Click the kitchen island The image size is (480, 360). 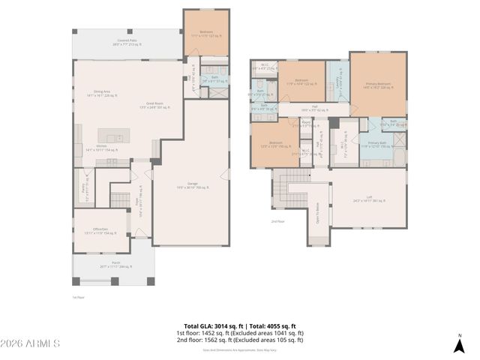pyautogui.click(x=114, y=139)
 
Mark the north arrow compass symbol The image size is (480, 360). pyautogui.click(x=459, y=343)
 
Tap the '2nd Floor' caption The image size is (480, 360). pyautogui.click(x=278, y=222)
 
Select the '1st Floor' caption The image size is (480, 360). pyautogui.click(x=77, y=298)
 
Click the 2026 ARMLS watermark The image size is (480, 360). pyautogui.click(x=31, y=343)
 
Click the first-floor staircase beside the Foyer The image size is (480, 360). pyautogui.click(x=121, y=199)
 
